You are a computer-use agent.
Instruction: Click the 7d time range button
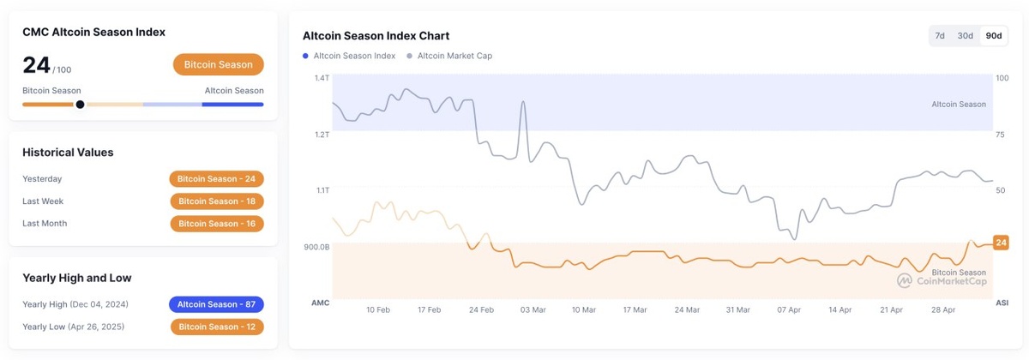click(940, 36)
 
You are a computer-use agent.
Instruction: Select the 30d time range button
click(966, 36)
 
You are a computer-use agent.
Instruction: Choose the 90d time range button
click(994, 36)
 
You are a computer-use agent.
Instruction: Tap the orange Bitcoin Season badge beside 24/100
click(218, 64)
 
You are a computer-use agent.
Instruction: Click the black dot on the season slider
click(80, 105)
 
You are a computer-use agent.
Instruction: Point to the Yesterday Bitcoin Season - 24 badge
click(216, 179)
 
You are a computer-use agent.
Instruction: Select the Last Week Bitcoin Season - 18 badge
click(216, 201)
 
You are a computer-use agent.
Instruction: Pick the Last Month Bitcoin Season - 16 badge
click(216, 224)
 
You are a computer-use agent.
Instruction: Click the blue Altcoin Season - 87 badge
click(216, 304)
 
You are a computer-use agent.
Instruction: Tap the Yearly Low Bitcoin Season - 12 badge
click(216, 327)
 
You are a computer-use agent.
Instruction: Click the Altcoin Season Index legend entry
click(349, 56)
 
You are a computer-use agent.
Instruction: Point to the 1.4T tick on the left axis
click(322, 78)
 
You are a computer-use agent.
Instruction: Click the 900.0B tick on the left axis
click(316, 247)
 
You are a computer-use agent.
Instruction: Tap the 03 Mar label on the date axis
click(533, 309)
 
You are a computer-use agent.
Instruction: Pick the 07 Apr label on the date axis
click(789, 309)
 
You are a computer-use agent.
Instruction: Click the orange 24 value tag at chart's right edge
click(1001, 243)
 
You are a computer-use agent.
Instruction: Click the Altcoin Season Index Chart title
click(376, 36)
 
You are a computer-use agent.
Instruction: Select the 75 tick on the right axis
click(1001, 135)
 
